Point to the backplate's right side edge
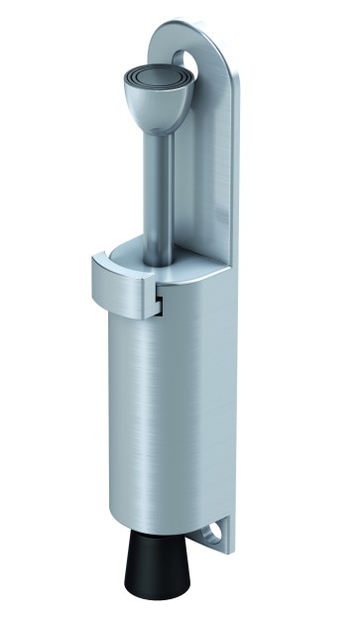pos(235,298)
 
